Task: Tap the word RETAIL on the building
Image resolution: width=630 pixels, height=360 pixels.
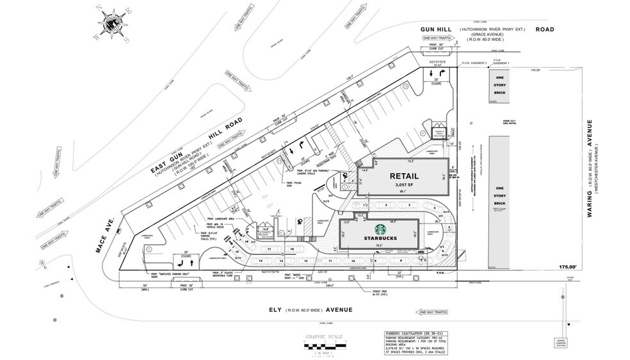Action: (x=404, y=176)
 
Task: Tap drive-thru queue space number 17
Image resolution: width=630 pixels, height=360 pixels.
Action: (x=270, y=249)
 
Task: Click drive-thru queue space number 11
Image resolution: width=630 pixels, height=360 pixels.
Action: (x=330, y=261)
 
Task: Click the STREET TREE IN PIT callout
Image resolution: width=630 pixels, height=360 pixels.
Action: (x=381, y=294)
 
